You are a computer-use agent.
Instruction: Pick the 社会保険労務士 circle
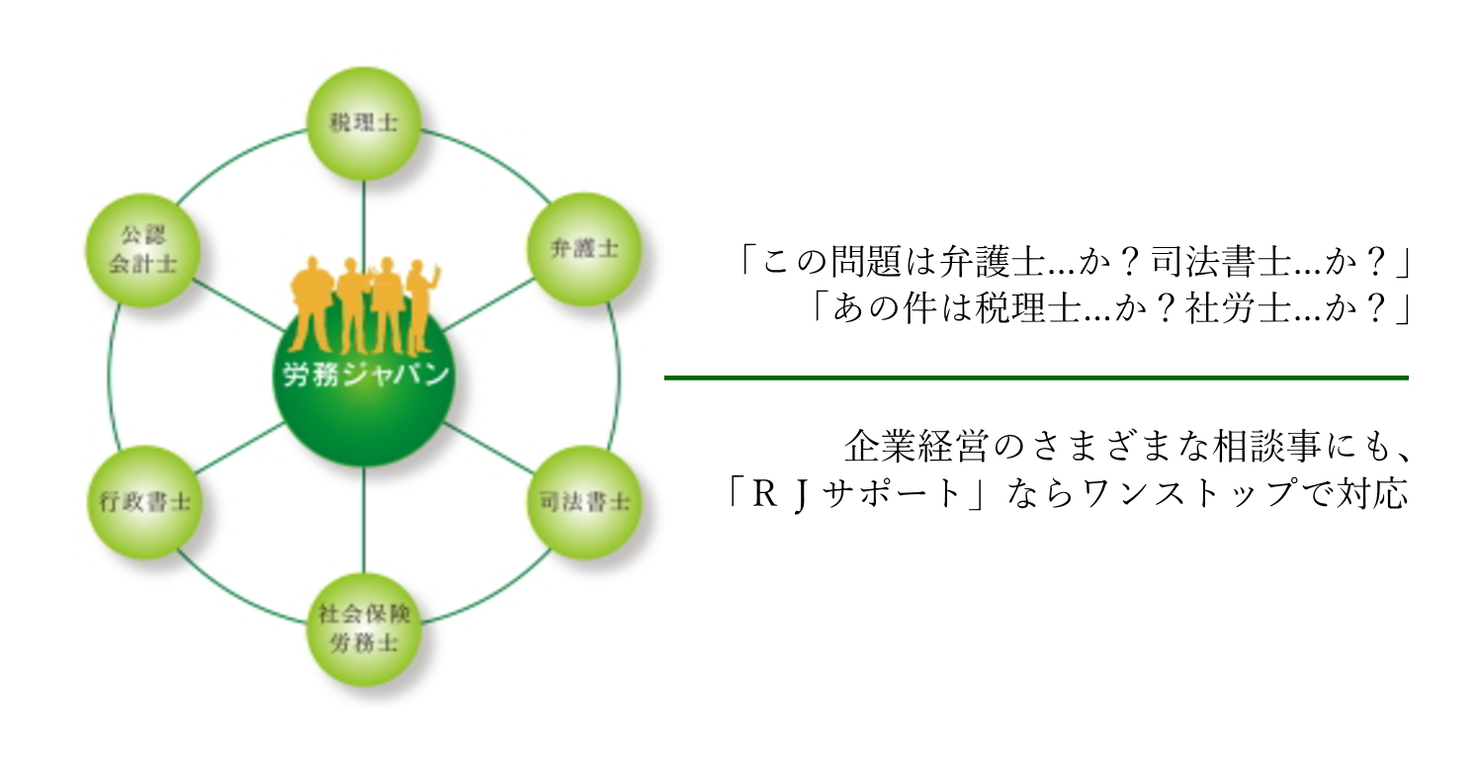click(363, 628)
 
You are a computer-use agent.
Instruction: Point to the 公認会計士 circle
click(144, 250)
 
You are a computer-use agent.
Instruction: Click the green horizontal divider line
click(1035, 378)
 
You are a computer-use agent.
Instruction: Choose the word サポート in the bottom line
click(899, 492)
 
